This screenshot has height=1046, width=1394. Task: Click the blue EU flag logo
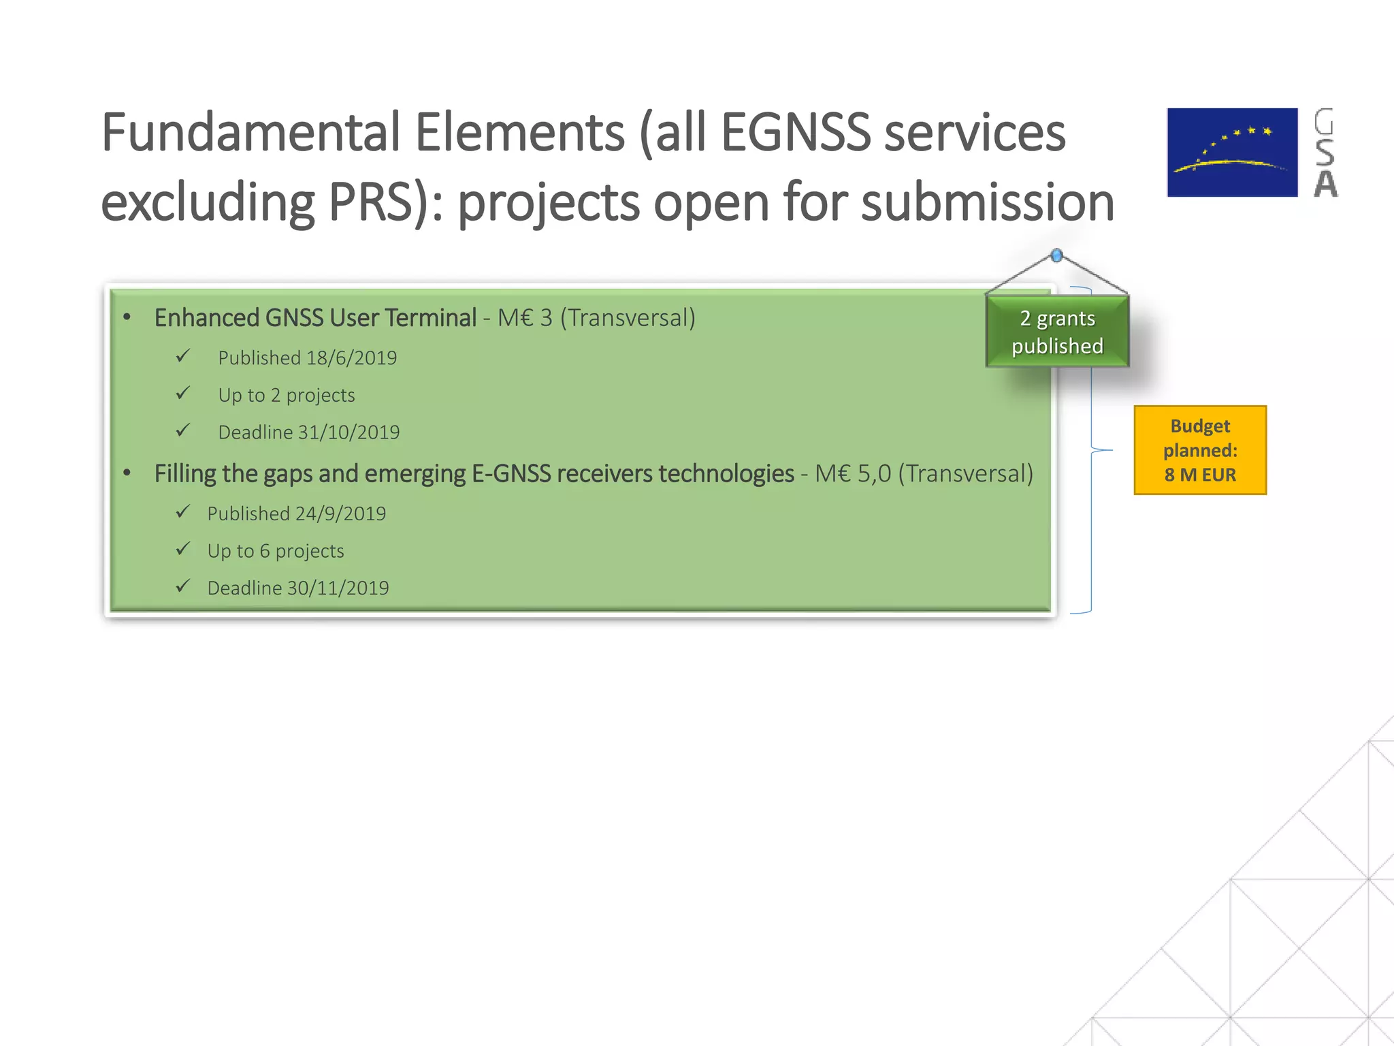(x=1232, y=153)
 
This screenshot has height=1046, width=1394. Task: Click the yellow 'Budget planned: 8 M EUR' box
(x=1200, y=450)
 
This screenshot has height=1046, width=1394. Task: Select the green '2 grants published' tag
(x=1057, y=332)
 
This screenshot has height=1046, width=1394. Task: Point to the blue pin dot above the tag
(x=1056, y=255)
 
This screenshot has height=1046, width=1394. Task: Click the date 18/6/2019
(x=351, y=358)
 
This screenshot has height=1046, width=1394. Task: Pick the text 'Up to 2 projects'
(x=287, y=396)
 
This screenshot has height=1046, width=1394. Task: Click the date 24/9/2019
(x=340, y=514)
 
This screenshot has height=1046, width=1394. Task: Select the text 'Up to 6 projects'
(x=276, y=551)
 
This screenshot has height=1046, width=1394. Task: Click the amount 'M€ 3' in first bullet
(x=525, y=318)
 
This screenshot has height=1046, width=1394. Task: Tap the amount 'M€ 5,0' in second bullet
(x=853, y=474)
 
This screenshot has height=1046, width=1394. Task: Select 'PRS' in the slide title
(x=370, y=202)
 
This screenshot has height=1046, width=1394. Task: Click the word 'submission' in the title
(x=987, y=202)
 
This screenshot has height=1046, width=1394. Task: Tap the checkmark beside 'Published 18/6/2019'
(x=182, y=356)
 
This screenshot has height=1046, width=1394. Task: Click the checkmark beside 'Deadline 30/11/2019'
(x=182, y=586)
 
